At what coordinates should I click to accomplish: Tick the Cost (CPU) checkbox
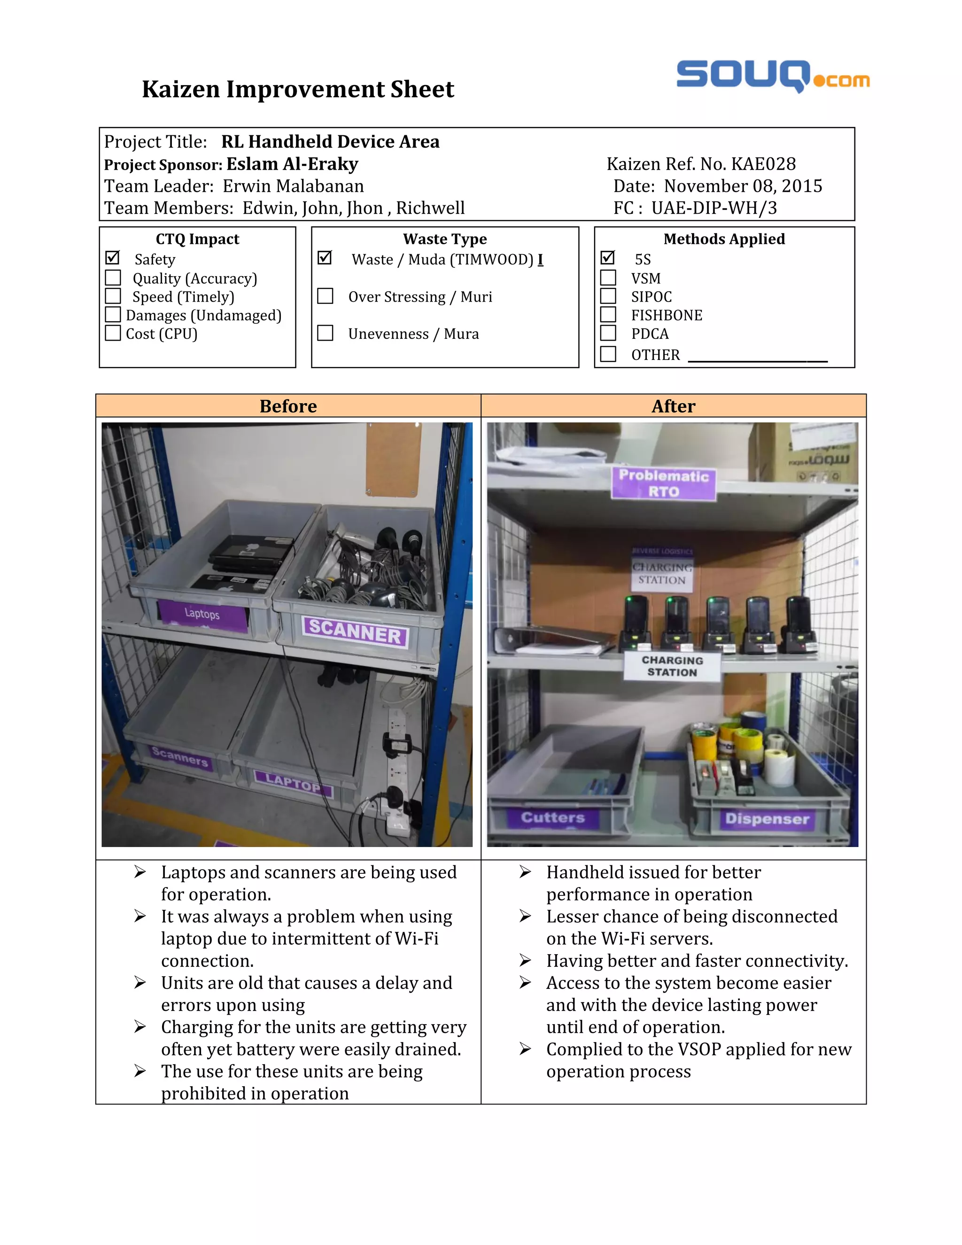(x=113, y=333)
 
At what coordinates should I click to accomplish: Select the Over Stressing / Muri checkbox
(x=325, y=296)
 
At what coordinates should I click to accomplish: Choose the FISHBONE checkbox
(x=608, y=315)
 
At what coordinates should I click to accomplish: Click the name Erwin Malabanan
(x=293, y=187)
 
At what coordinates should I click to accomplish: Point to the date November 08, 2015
(x=743, y=187)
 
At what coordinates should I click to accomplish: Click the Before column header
(x=288, y=406)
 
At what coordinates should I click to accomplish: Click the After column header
(x=673, y=406)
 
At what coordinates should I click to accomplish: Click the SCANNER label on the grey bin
(x=355, y=631)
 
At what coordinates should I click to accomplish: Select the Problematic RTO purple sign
(x=663, y=483)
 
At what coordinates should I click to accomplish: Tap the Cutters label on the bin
(x=552, y=817)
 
